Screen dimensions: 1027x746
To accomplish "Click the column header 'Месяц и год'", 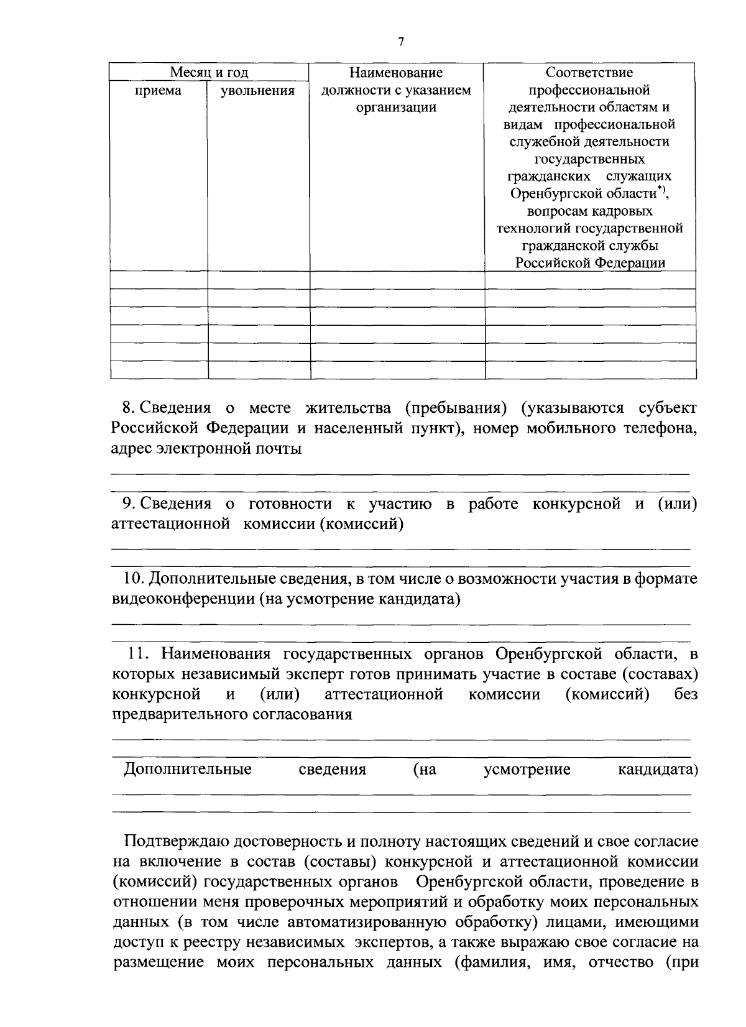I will (210, 73).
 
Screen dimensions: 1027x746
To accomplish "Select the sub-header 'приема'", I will (159, 91).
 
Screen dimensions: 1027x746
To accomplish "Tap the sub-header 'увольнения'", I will (258, 91).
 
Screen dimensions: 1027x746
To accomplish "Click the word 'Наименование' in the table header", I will (396, 73).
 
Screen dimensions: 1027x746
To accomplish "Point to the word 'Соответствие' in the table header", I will (589, 73).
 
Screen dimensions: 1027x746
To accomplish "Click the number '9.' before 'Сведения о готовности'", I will (129, 504).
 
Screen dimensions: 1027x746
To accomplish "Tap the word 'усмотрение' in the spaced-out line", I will (527, 770).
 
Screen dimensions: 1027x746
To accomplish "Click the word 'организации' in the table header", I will (396, 108).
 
